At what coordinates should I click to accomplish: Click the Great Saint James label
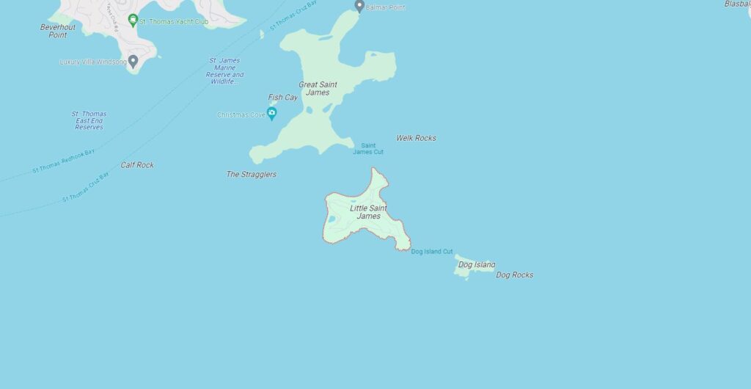(x=318, y=89)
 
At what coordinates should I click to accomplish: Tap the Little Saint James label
(x=368, y=212)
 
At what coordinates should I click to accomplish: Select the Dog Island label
(x=476, y=264)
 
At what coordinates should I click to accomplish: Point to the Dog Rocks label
(x=514, y=275)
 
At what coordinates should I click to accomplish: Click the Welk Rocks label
(x=416, y=138)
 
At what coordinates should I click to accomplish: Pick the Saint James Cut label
(x=367, y=149)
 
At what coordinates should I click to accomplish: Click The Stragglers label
(x=251, y=175)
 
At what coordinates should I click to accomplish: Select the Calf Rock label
(x=137, y=165)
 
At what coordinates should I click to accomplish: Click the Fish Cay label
(x=282, y=98)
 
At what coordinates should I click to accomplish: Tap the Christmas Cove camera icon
(x=271, y=113)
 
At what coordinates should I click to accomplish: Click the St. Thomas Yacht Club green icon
(x=133, y=20)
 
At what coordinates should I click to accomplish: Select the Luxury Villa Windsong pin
(x=133, y=61)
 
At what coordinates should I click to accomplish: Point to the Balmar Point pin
(x=359, y=6)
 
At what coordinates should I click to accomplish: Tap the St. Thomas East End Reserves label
(x=89, y=120)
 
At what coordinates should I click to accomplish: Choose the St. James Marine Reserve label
(x=224, y=71)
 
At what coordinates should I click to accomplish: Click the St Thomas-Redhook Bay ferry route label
(x=64, y=162)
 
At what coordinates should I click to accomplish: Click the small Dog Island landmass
(x=464, y=270)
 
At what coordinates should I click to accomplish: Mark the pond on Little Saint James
(x=331, y=219)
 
